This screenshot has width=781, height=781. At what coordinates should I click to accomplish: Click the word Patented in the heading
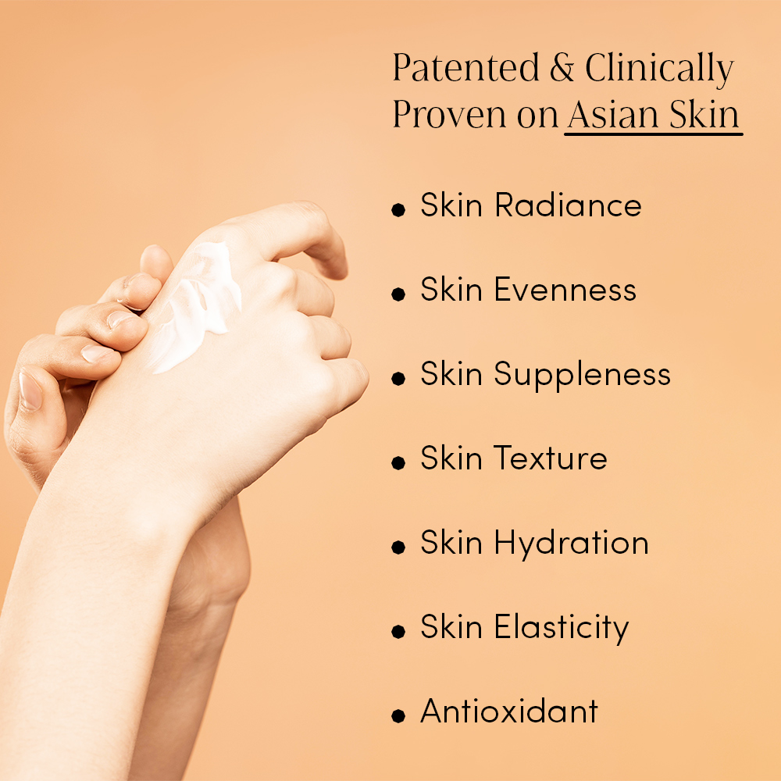tap(465, 67)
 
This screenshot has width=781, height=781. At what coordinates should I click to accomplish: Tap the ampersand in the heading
tap(562, 68)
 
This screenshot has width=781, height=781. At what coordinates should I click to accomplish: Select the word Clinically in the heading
tap(659, 70)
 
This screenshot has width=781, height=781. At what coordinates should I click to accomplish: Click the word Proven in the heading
tap(450, 115)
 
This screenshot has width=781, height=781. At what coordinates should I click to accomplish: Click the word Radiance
tap(568, 205)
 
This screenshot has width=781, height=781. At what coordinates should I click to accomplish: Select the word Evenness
tap(565, 290)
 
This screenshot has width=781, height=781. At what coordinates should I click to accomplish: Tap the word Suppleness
tap(583, 376)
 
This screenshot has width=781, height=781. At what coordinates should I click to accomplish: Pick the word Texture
tap(551, 458)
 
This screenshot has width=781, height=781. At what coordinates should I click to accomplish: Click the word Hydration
tap(572, 544)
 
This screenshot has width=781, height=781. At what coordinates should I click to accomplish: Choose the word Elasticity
tap(562, 628)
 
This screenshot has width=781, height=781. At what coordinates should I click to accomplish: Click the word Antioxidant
tap(509, 711)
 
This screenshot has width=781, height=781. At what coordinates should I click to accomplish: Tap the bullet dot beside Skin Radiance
tap(398, 209)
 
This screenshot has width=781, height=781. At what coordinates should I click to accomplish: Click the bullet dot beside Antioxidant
tap(398, 715)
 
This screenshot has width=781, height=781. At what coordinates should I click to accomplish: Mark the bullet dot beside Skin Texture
tap(398, 462)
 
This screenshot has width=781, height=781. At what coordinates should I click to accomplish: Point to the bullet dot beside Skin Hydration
tap(398, 547)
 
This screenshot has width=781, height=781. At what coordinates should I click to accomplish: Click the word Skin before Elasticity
tap(451, 626)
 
